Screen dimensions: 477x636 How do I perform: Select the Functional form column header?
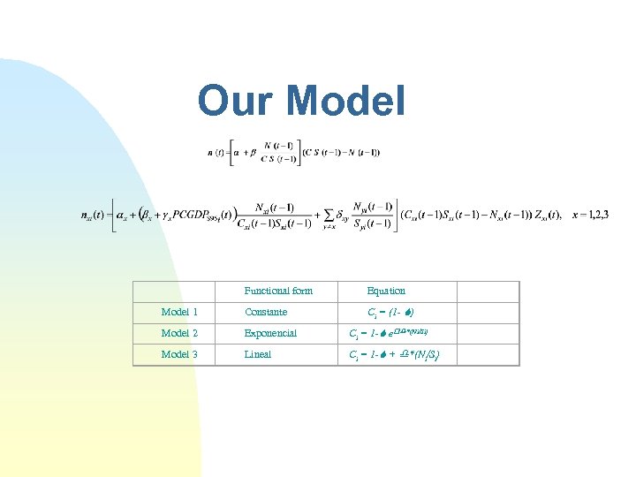[x=277, y=291]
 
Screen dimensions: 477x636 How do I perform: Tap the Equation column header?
[x=386, y=291]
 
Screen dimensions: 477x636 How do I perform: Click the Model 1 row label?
[x=179, y=312]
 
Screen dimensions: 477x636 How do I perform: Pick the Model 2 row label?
[x=179, y=333]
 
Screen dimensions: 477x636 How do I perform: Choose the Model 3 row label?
[x=179, y=354]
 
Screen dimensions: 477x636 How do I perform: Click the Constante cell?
[x=266, y=312]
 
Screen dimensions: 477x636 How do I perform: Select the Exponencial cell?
[x=270, y=333]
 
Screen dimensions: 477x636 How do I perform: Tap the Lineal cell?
[x=258, y=354]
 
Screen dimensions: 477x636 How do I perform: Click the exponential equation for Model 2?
[x=390, y=333]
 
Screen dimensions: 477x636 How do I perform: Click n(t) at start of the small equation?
[x=215, y=152]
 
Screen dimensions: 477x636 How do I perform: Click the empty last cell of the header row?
[x=488, y=291]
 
